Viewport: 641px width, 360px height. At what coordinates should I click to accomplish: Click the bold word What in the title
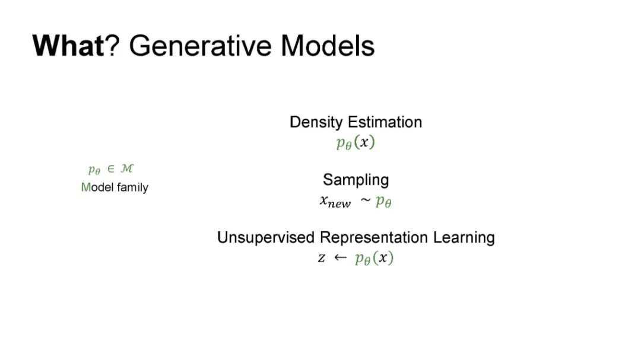pyautogui.click(x=68, y=45)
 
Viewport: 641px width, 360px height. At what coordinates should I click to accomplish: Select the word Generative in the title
pyautogui.click(x=201, y=45)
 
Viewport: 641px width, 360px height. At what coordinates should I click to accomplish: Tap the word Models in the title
pyautogui.click(x=328, y=45)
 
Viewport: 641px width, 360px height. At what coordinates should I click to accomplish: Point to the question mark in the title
pyautogui.click(x=112, y=45)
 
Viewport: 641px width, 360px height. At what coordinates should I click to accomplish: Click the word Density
pyautogui.click(x=316, y=122)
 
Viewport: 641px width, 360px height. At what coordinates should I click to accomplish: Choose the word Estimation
pyautogui.click(x=385, y=122)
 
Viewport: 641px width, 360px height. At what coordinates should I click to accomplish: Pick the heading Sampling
pyautogui.click(x=356, y=180)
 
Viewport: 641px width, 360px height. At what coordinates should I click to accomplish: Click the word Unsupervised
pyautogui.click(x=266, y=237)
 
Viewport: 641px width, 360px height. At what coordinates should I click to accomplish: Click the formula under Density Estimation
pyautogui.click(x=356, y=142)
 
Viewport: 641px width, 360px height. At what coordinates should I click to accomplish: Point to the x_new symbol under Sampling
pyautogui.click(x=335, y=202)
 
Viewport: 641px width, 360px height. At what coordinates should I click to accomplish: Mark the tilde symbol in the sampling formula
pyautogui.click(x=366, y=200)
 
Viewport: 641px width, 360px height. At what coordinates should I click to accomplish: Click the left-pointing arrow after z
pyautogui.click(x=340, y=257)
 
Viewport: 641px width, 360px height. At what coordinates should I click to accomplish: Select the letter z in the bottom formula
pyautogui.click(x=322, y=258)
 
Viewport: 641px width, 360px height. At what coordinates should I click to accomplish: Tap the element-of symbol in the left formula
pyautogui.click(x=110, y=169)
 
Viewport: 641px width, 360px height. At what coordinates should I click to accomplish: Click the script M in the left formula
pyautogui.click(x=127, y=168)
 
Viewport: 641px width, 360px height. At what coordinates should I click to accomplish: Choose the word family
pyautogui.click(x=132, y=187)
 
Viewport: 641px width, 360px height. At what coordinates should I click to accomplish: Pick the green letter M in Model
pyautogui.click(x=86, y=187)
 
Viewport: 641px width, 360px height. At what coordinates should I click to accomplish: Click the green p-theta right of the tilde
pyautogui.click(x=383, y=201)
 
